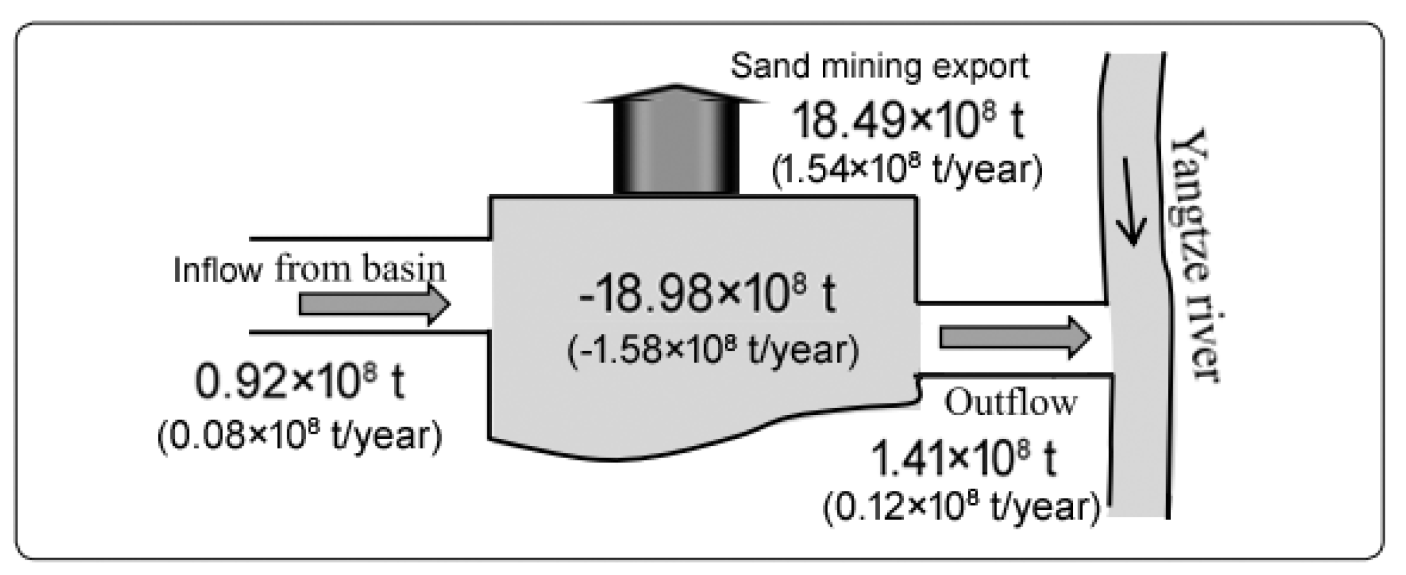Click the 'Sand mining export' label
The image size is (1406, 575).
point(879,66)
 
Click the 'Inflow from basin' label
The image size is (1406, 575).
point(309,269)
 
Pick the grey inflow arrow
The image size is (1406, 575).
point(374,305)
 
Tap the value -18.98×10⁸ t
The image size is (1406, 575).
point(707,296)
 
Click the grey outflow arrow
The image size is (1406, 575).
point(1015,337)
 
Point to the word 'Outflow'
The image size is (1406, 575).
point(1010,403)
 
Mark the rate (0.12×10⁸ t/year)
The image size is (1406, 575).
point(961,508)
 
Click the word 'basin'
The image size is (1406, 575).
point(403,269)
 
